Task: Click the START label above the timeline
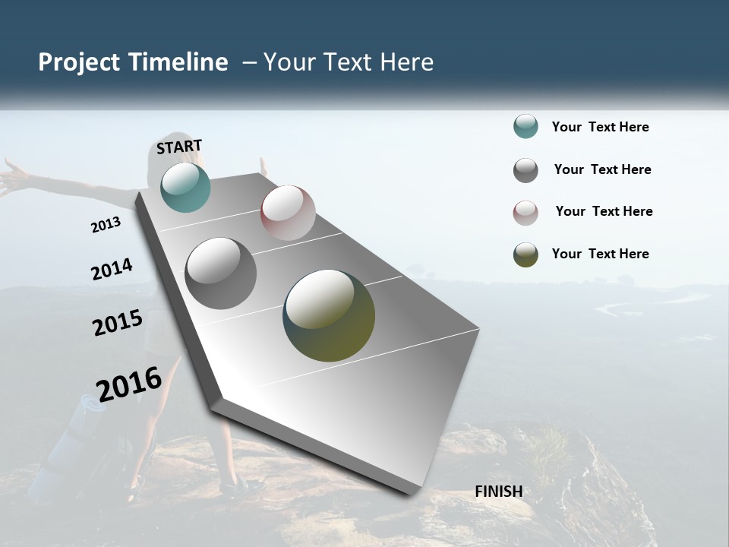point(179,147)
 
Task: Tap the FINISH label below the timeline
point(498,492)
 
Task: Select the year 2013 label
point(106,225)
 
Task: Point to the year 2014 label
point(112,270)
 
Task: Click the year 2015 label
point(118,323)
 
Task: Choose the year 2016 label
point(129,384)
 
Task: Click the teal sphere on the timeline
point(185,187)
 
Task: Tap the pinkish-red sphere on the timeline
point(288,213)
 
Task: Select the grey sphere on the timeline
point(220,273)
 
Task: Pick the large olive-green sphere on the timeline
point(329,315)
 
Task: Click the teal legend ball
point(525,127)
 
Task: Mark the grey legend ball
point(525,170)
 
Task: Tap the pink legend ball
point(525,212)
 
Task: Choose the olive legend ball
point(525,255)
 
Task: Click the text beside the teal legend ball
point(600,128)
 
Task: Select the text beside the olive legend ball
point(600,254)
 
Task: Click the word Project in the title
point(78,62)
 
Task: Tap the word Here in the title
point(407,62)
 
